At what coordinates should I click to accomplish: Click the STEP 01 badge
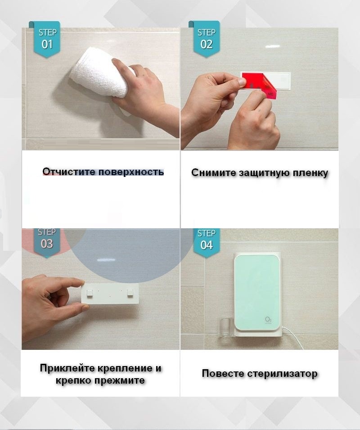pos(47,39)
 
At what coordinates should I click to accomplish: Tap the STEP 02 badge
pos(206,39)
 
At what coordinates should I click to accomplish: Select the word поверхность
pos(131,172)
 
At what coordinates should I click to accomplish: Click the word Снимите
pos(213,172)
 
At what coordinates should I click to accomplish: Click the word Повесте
pos(223,374)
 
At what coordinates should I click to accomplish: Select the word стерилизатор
pos(282,374)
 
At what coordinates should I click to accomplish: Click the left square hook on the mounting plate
pos(90,293)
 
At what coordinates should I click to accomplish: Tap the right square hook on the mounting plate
pos(130,293)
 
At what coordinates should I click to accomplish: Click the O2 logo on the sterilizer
pos(268,320)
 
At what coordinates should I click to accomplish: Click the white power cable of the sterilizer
pos(292,338)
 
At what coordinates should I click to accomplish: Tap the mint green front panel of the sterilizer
pos(257,292)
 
